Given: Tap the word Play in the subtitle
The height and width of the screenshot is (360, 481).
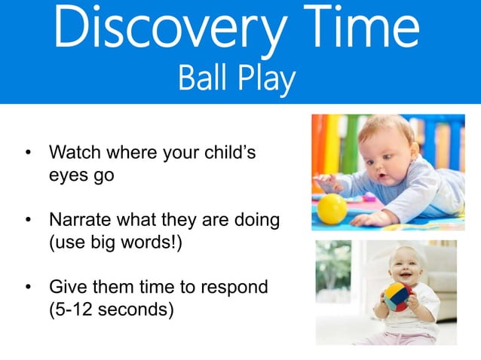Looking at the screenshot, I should click(264, 80).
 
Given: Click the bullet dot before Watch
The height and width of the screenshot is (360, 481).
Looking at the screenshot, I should click(29, 154).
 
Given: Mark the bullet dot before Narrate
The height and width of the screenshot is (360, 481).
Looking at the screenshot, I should click(29, 221).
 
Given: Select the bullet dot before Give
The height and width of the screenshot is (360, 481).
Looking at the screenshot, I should click(29, 287).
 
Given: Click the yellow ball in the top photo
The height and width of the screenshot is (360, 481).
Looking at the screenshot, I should click(332, 208).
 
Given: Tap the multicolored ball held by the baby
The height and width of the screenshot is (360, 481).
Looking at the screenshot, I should click(398, 297).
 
